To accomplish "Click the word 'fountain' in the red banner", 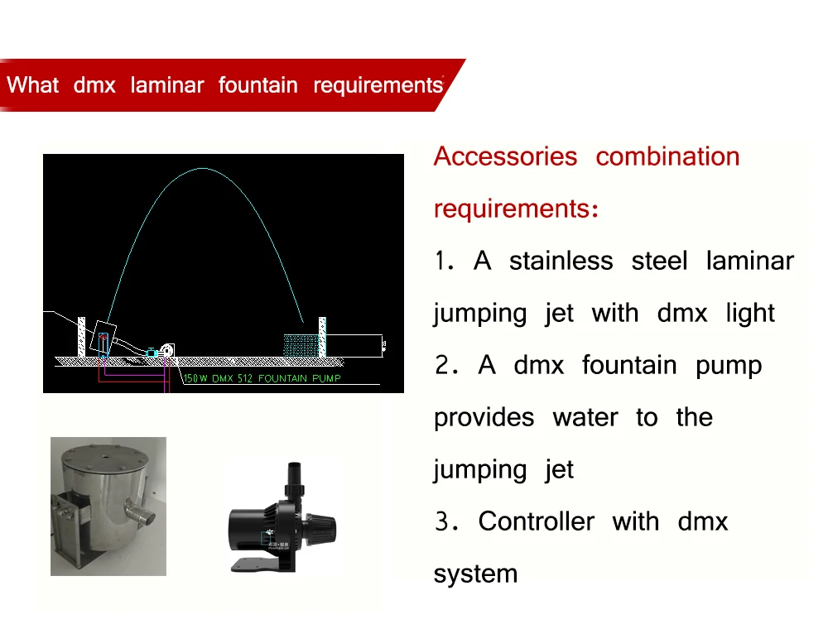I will coord(258,85).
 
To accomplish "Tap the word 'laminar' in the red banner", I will coord(166,85).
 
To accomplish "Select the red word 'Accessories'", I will coord(505,156).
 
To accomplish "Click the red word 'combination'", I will coord(667,156).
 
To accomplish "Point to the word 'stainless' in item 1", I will coord(561,262).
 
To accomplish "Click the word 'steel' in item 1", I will coord(659,262).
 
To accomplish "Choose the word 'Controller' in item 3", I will coord(536,522).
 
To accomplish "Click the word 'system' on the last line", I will coord(475,574).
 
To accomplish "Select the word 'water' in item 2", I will coord(585,418).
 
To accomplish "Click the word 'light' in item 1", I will coord(749,314).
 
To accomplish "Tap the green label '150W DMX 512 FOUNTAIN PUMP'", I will coord(262,378).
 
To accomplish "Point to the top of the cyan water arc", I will coord(202,169).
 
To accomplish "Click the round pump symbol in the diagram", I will coord(169,352).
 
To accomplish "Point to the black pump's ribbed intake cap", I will coord(321,524).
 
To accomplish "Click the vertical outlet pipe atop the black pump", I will coord(291,478).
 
